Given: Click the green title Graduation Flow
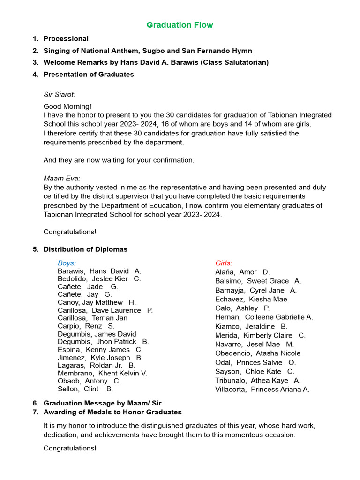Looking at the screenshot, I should coord(180,25).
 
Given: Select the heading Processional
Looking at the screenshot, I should coord(66,39).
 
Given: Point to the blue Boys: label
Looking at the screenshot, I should coord(67,263).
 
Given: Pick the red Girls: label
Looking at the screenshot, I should coord(224,263).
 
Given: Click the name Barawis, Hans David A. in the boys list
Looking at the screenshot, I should coord(99,271).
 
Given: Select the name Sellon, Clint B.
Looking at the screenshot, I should coord(85,389).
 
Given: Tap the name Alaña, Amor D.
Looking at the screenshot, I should coord(242,272).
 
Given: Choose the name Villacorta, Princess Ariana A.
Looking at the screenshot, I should coord(262,389).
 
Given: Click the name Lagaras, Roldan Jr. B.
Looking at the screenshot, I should coord(97,365).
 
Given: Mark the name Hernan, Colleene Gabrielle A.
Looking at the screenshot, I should coord(264,317).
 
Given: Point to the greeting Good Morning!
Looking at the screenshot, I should coord(67,106).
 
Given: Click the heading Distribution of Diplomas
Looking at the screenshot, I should coord(85,249).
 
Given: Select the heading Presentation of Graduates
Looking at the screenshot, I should coord(89,75).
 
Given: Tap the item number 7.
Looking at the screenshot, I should coord(35,412).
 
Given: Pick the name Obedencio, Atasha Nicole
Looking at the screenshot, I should coord(258,353).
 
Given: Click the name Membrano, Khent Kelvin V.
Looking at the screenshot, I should coord(102,373).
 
